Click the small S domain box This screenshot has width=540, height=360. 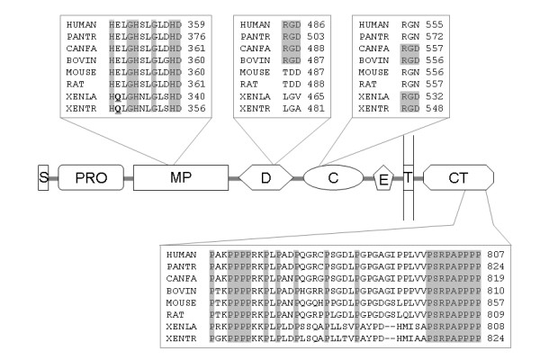pyautogui.click(x=42, y=177)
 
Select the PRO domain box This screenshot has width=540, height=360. pyautogui.click(x=89, y=177)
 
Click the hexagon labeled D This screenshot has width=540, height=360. pyautogui.click(x=266, y=177)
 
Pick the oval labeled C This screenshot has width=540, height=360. pyautogui.click(x=332, y=177)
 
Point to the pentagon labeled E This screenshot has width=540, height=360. pyautogui.click(x=384, y=177)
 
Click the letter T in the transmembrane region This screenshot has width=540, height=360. pyautogui.click(x=408, y=177)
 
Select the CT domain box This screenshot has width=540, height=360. pyautogui.click(x=457, y=177)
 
